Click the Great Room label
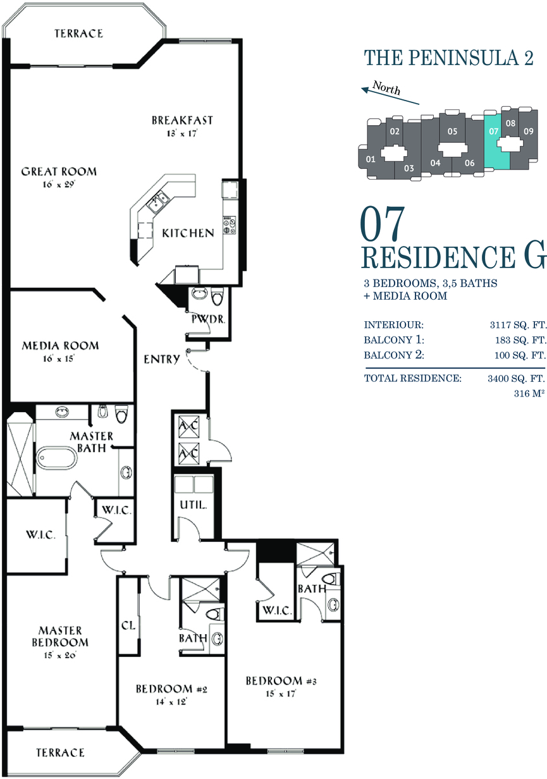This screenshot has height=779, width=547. pos(59,171)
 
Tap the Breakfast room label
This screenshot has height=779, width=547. pos(182,120)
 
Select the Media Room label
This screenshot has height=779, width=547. pos(60,346)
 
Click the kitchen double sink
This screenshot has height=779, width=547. pos(158,202)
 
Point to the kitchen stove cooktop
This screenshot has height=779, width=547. pos(230,225)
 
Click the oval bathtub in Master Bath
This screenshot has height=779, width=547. pos(56,458)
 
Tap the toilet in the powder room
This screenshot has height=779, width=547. pos(217,297)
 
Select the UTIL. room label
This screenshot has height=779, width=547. pos(193,505)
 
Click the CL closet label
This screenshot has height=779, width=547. pos(128,625)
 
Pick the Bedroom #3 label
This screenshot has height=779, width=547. pos(281,680)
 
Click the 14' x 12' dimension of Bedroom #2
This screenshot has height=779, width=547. pos(171,702)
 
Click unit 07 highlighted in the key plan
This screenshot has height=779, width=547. pos(497,141)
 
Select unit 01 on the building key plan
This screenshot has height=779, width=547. pos(371,159)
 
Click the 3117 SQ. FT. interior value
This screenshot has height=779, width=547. pos(518,325)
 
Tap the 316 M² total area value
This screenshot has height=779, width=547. pos(529,393)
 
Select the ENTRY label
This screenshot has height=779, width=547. pos(162,359)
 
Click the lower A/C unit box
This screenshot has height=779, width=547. pos(189,453)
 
